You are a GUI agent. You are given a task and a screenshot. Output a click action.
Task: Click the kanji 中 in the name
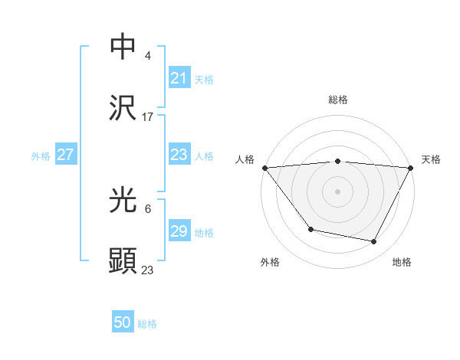(123, 47)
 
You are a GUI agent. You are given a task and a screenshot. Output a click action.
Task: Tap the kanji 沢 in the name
(123, 108)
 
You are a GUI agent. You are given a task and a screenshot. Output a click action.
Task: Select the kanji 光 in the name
(123, 200)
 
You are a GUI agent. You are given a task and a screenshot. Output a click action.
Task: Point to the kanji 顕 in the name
(123, 260)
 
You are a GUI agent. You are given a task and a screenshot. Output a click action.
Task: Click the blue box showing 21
(179, 78)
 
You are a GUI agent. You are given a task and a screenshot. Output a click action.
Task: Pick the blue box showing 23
(179, 155)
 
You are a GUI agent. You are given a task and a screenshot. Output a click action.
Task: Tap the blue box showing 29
(179, 231)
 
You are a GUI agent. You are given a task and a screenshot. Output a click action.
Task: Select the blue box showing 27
(65, 155)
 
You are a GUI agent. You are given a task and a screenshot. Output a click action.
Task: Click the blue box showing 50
(123, 322)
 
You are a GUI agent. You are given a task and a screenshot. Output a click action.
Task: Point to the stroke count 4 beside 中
(148, 56)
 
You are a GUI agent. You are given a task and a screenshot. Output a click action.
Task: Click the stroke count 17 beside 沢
(148, 116)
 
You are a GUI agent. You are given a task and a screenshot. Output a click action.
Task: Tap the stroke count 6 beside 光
(148, 208)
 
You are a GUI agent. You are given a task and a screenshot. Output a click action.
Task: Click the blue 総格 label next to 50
(147, 324)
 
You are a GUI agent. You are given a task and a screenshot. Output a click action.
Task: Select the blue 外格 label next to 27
(41, 156)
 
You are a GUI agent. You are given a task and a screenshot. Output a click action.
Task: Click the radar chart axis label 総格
(337, 100)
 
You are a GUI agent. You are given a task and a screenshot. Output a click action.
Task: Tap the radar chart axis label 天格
(432, 159)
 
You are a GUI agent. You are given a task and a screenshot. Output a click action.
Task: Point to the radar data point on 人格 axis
(264, 167)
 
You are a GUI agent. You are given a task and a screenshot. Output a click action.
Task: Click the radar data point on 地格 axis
(374, 242)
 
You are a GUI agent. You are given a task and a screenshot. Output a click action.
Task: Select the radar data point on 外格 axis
(310, 229)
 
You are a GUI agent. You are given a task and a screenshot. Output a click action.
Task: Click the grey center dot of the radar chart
(337, 190)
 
